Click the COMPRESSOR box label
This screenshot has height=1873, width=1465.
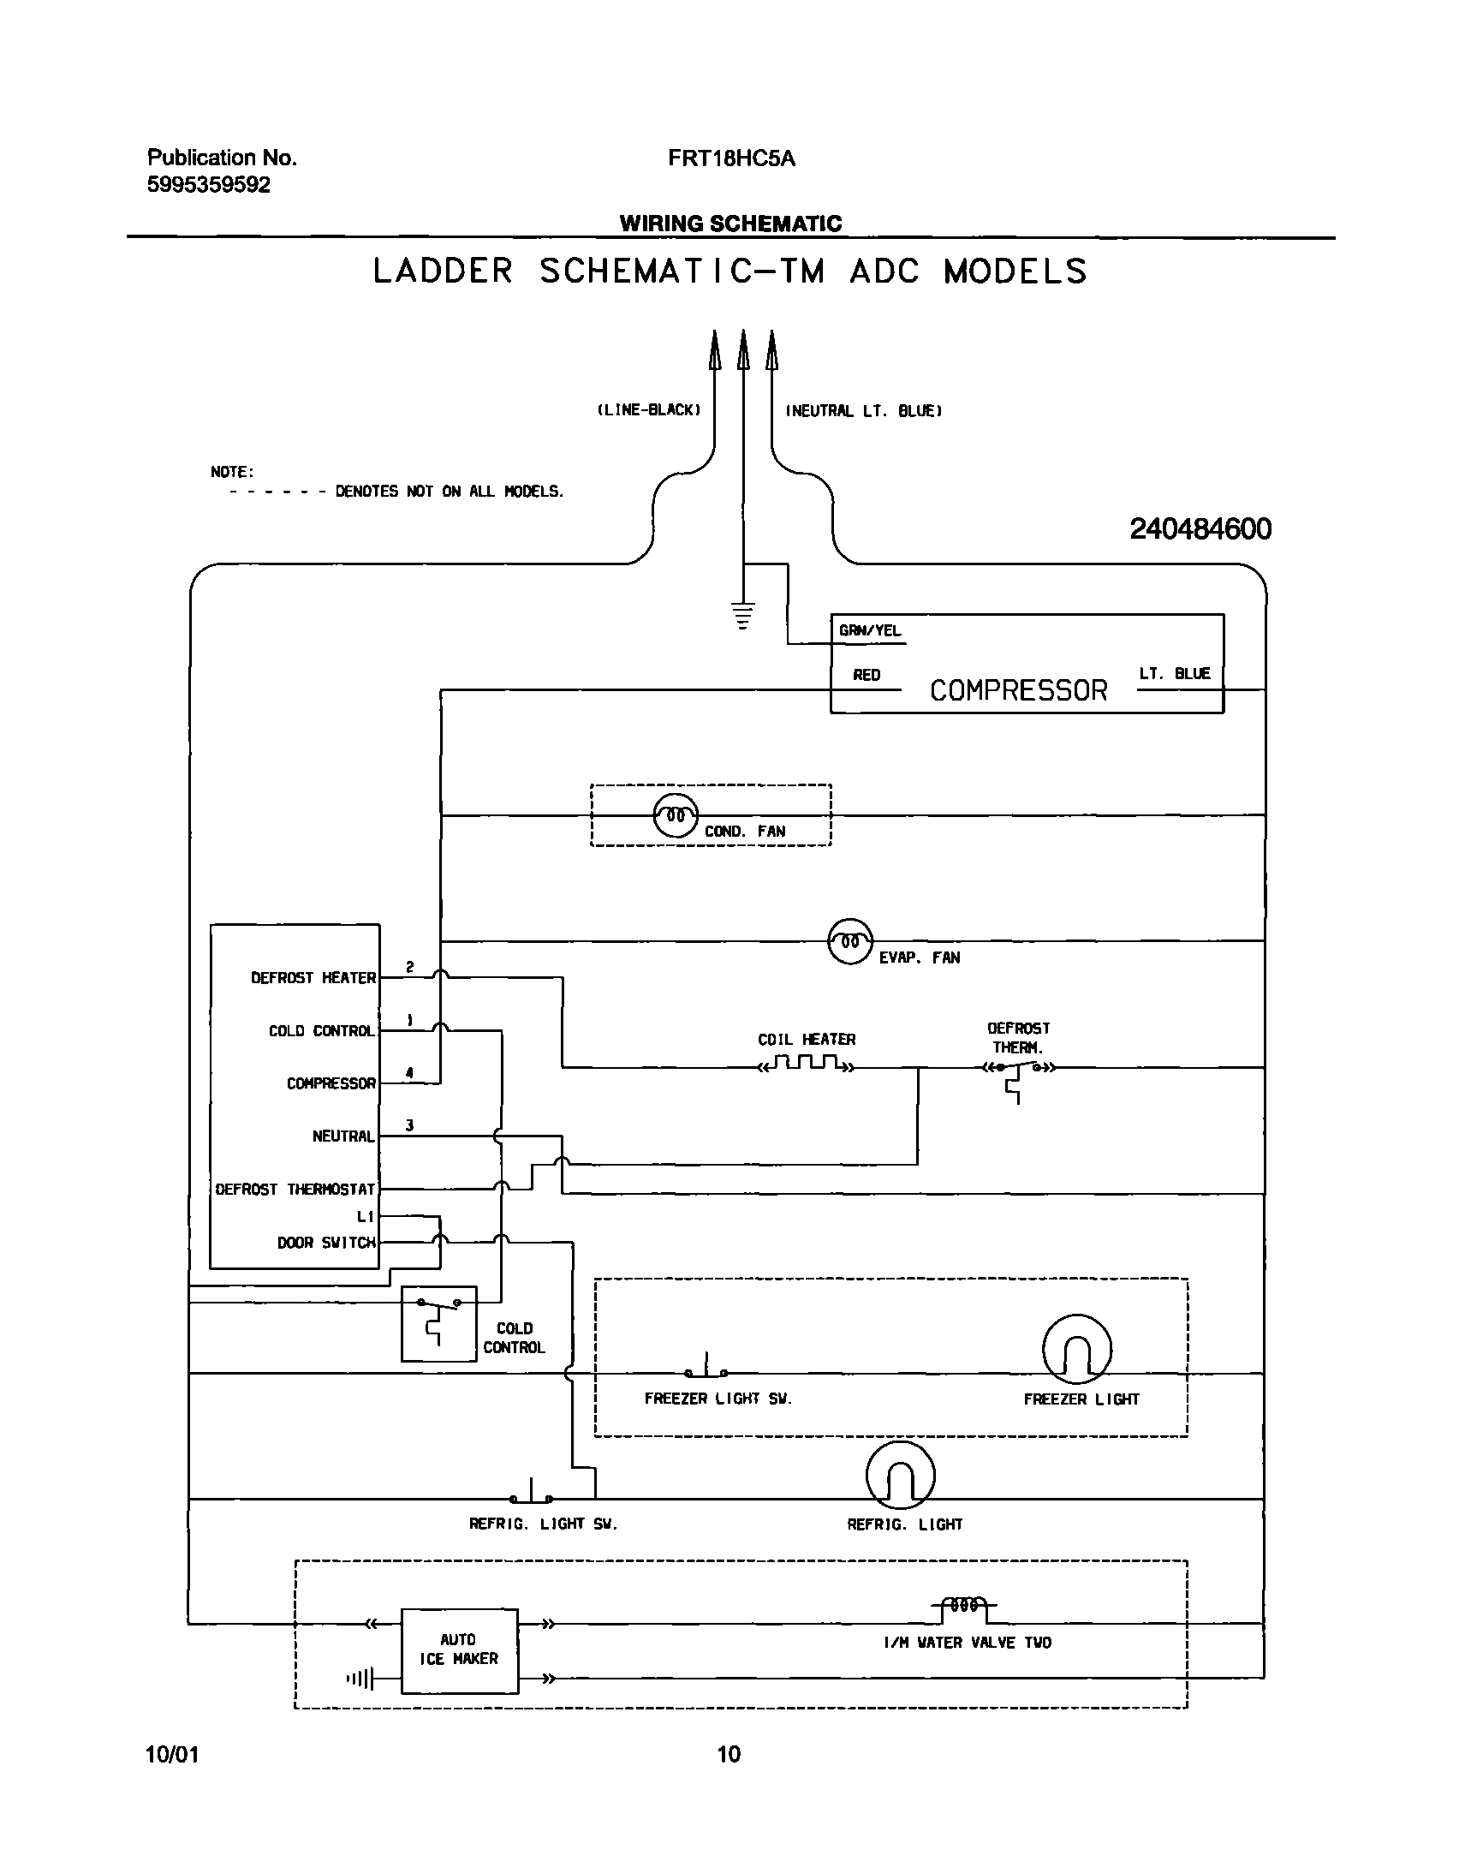tap(1018, 690)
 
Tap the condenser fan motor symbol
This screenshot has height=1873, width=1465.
tap(676, 815)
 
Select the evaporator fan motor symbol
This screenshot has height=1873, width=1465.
tap(850, 941)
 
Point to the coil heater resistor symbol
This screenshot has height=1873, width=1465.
tap(806, 1065)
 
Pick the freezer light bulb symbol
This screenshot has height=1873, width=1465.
tap(1076, 1349)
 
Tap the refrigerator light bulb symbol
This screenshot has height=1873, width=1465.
tap(900, 1475)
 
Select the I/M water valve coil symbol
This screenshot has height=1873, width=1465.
tap(964, 1605)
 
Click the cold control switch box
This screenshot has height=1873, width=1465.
tap(438, 1323)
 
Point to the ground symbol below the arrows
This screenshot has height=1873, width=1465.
tap(743, 615)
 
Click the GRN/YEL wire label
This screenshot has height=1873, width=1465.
tap(869, 630)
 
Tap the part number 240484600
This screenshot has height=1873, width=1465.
tap(1200, 528)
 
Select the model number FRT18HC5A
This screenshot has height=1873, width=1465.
tap(731, 158)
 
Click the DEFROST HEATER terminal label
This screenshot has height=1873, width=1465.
tap(313, 977)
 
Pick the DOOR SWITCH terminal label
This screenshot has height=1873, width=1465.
tap(326, 1243)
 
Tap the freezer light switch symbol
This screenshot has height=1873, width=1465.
tap(706, 1368)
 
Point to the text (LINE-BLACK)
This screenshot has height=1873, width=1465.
tap(648, 410)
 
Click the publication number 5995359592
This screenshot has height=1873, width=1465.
tap(208, 184)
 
